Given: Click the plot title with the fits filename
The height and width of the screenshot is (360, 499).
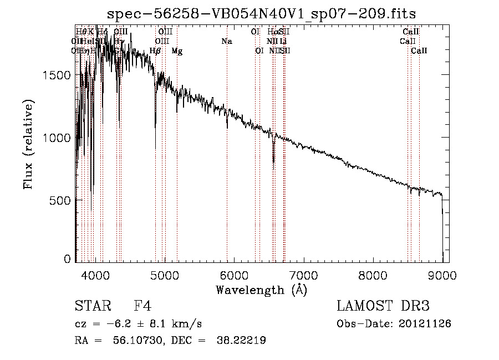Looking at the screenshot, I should click(262, 13).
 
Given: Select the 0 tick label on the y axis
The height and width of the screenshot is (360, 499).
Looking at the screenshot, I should click(67, 258).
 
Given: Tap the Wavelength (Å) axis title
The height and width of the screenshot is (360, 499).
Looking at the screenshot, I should click(261, 290).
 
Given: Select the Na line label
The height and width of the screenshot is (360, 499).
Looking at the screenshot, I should click(226, 42).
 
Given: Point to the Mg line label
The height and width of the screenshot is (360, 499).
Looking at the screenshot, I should click(177, 51).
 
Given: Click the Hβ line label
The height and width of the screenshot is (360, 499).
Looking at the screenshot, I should click(155, 51).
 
